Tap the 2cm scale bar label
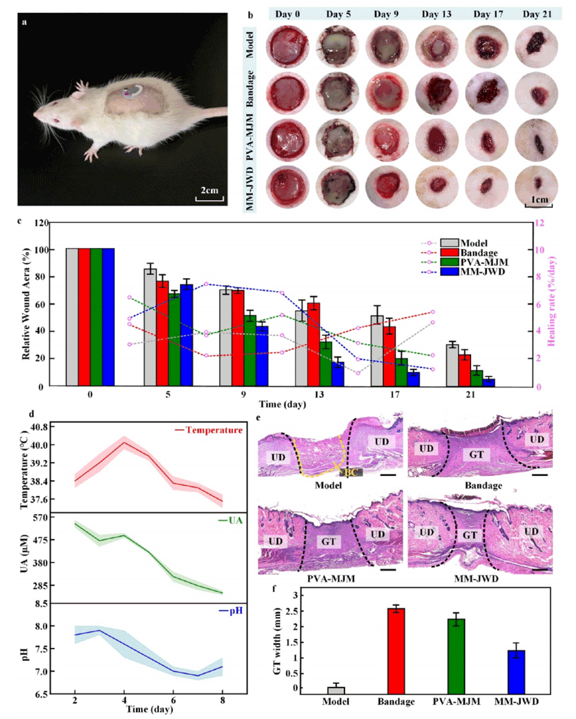click(210, 190)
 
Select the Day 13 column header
click(437, 14)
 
